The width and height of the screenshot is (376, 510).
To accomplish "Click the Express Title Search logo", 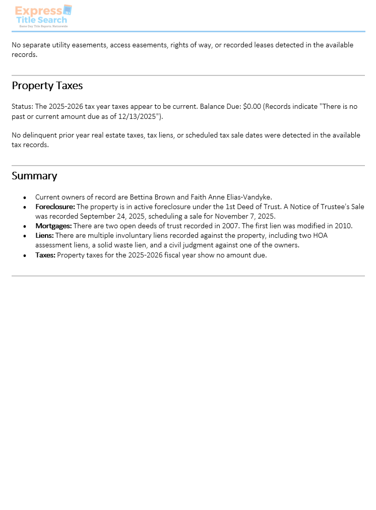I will [43, 16].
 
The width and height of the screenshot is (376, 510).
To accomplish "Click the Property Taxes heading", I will [47, 86].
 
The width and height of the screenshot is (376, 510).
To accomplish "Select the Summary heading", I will [34, 176].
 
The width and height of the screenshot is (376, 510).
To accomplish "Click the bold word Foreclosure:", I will [55, 207].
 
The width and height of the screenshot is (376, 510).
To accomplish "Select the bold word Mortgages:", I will [53, 226].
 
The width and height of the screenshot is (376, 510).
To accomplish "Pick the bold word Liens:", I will [44, 235].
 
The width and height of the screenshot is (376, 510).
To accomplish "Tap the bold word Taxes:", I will [45, 255].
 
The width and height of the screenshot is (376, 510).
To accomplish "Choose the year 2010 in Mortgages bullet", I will [343, 226].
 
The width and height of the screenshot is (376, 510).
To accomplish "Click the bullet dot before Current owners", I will [25, 198].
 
